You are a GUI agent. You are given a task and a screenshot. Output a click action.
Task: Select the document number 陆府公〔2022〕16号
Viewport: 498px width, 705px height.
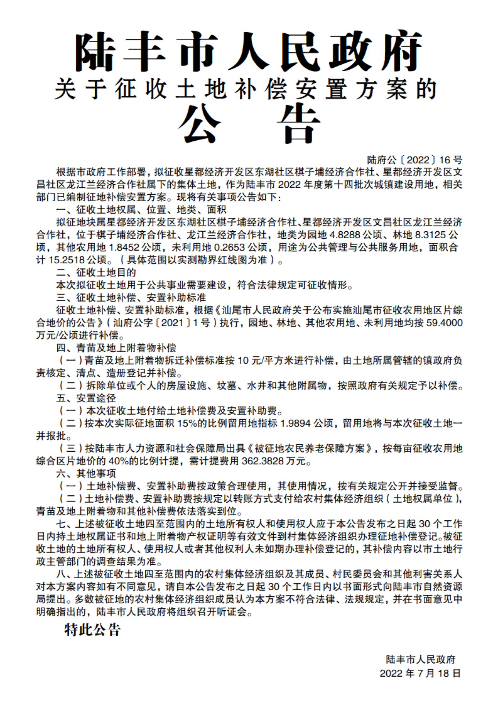(414, 160)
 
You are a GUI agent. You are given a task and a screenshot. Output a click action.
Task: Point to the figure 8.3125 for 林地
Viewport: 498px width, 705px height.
(430, 235)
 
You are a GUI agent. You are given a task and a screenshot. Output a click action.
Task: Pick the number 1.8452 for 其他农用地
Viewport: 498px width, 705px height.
(124, 247)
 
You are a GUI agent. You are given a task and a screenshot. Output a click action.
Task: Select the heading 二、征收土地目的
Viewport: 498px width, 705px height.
(96, 273)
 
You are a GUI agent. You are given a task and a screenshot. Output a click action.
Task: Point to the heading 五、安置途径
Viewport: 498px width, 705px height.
(86, 398)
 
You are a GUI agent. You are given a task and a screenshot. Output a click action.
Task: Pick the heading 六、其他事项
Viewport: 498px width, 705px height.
(86, 474)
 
